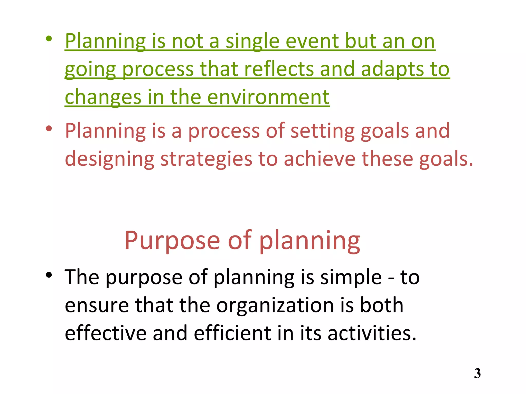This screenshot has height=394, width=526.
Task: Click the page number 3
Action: pyautogui.click(x=477, y=373)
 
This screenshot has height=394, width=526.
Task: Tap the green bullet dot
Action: pyautogui.click(x=49, y=39)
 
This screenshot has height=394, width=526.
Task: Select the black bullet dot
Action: pyautogui.click(x=49, y=275)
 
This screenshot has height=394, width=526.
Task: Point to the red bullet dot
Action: pyautogui.click(x=49, y=129)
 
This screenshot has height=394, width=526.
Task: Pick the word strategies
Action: pyautogui.click(x=206, y=159)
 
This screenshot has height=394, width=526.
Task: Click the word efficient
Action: pyautogui.click(x=232, y=333)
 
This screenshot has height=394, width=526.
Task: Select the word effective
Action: pyautogui.click(x=106, y=333)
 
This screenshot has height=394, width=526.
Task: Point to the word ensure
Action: pyautogui.click(x=97, y=306)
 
